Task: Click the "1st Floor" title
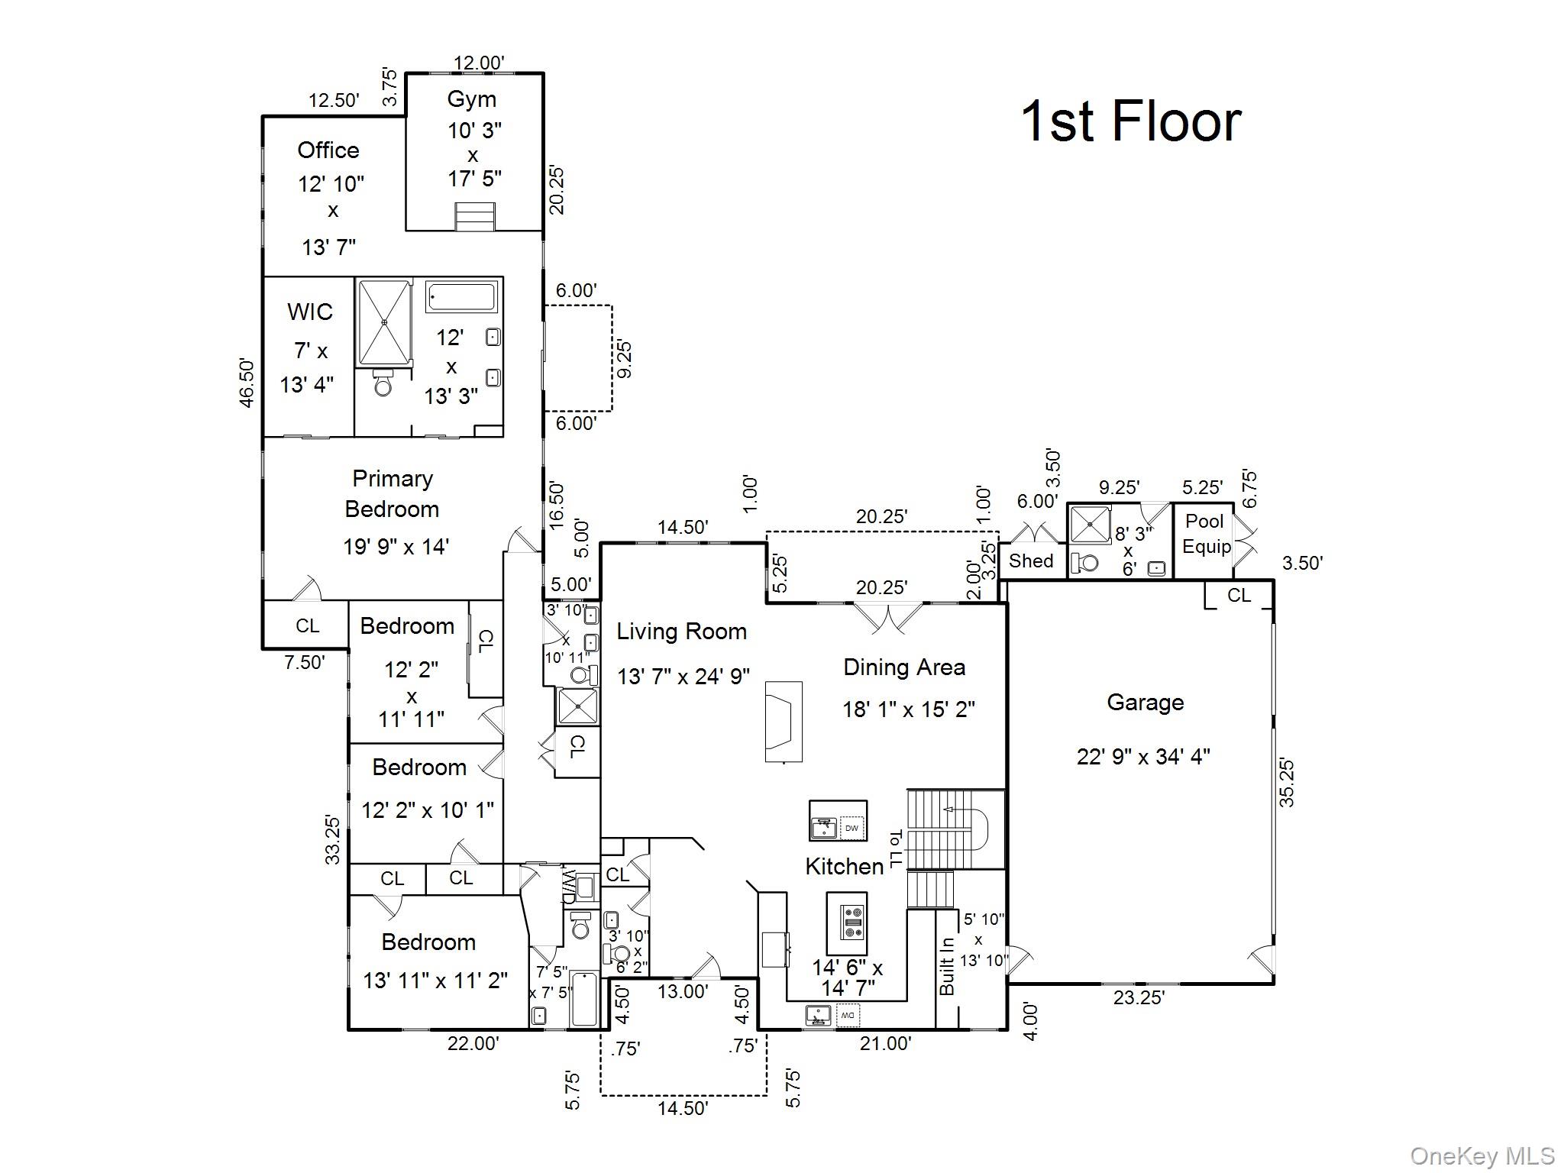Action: click(x=1131, y=121)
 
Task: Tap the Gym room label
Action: click(x=471, y=99)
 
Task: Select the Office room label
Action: click(x=328, y=150)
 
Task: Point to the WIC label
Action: click(x=310, y=312)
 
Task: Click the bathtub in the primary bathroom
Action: click(x=462, y=297)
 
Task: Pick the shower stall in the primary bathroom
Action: click(x=384, y=323)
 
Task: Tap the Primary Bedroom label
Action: click(x=392, y=493)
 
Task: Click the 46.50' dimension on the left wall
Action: click(x=246, y=383)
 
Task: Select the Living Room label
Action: click(x=681, y=632)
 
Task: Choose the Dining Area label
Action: click(x=904, y=667)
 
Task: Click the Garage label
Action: click(x=1145, y=703)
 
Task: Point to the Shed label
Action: click(x=1031, y=561)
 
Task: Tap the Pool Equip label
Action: click(x=1206, y=534)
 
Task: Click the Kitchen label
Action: click(x=844, y=866)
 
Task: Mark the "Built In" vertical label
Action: click(x=947, y=966)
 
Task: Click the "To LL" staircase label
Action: click(x=895, y=848)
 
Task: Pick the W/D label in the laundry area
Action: click(x=569, y=886)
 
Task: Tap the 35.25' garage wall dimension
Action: click(x=1287, y=782)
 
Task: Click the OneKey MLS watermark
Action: click(x=1482, y=1156)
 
